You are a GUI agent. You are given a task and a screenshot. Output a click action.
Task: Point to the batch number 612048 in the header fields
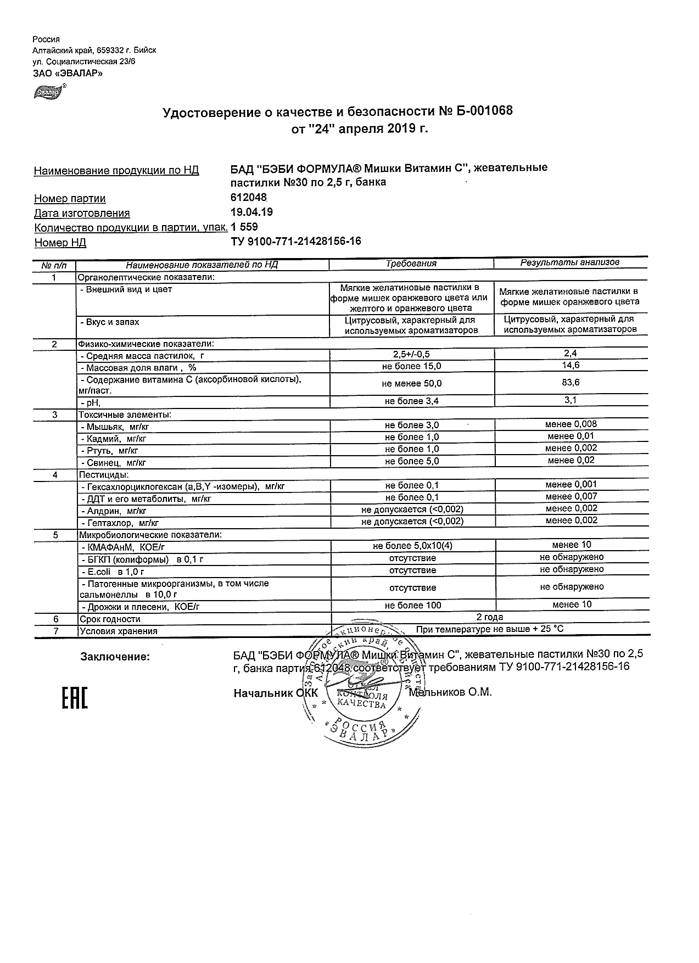click(249, 198)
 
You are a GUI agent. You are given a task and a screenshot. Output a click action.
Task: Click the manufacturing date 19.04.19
click(252, 212)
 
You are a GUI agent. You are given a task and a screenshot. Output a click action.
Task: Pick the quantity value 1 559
click(244, 227)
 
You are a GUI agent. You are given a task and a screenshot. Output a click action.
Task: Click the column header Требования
click(411, 264)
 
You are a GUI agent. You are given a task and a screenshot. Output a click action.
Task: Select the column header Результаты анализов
click(570, 262)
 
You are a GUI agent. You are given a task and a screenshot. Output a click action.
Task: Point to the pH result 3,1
click(571, 400)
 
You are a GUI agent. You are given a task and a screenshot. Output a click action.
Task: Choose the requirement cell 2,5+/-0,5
click(412, 354)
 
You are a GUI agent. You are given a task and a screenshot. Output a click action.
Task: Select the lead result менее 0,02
click(571, 460)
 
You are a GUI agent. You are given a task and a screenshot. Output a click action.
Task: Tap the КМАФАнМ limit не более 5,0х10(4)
click(412, 546)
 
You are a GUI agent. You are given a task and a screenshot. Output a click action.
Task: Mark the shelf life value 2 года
click(490, 617)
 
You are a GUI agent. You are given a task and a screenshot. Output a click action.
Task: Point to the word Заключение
click(115, 657)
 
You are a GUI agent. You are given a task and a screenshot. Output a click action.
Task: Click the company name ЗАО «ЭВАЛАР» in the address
click(68, 72)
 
